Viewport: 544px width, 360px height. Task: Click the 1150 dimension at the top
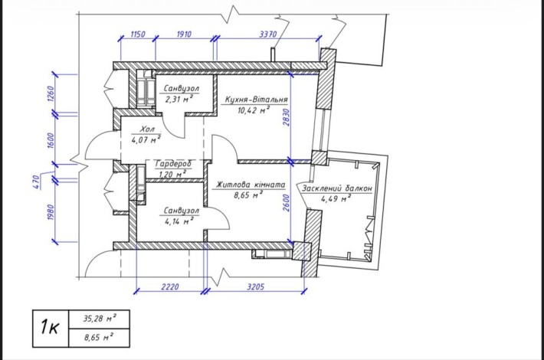(x=138, y=34)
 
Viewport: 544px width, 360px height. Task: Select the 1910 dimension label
(x=184, y=34)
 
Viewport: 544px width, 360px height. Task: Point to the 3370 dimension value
(x=268, y=34)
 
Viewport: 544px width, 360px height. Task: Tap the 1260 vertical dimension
(x=50, y=94)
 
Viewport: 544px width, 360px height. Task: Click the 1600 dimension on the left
(x=50, y=140)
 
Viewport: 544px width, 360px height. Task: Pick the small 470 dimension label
(x=36, y=182)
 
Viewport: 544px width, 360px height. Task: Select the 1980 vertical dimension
(x=50, y=212)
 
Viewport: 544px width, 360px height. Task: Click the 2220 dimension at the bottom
(x=170, y=286)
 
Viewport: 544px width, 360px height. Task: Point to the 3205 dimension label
(x=256, y=286)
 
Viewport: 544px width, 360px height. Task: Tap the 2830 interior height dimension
(x=286, y=117)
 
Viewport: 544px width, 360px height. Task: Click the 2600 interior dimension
(x=286, y=204)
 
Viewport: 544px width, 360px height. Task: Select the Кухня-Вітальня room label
(x=257, y=100)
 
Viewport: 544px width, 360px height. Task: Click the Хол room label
(x=147, y=129)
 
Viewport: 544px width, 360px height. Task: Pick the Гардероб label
(x=173, y=163)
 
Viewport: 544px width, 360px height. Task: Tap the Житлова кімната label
(x=251, y=185)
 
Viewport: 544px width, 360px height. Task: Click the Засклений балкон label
(x=336, y=188)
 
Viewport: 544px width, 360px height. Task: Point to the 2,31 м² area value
(x=179, y=100)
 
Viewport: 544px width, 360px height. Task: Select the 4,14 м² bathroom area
(x=179, y=221)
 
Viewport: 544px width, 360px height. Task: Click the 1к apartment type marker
(x=50, y=327)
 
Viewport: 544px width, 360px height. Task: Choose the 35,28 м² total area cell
(x=100, y=319)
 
